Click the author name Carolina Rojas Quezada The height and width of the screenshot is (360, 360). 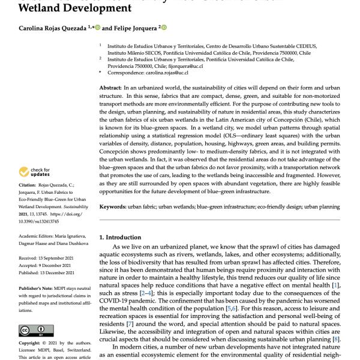point(44,28)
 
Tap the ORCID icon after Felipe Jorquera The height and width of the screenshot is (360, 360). point(163,27)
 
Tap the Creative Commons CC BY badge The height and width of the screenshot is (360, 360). point(30,331)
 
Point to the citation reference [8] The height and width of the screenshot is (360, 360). point(338,340)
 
